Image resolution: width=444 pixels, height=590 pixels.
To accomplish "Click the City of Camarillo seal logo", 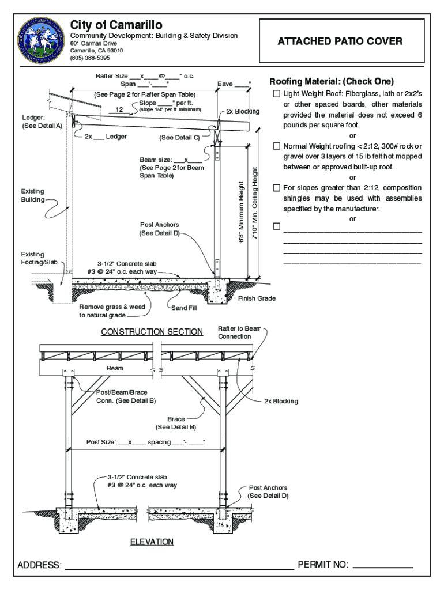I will tap(42, 40).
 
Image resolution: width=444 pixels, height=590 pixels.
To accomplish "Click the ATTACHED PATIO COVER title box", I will tap(340, 41).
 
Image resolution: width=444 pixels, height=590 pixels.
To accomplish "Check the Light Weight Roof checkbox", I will tap(277, 94).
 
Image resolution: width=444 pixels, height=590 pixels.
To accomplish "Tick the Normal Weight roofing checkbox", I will tap(277, 146).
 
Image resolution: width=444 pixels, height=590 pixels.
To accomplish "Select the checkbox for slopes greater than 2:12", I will tap(277, 188).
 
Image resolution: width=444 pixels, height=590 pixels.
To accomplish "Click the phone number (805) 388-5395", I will tap(90, 58).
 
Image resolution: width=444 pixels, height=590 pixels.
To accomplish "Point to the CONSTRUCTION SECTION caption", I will tap(152, 332).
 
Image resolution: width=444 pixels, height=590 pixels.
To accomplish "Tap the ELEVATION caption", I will tap(152, 542).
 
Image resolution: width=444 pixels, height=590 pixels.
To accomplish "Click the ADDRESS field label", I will tap(39, 565).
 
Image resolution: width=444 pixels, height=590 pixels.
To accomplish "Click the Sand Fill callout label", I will tap(184, 308).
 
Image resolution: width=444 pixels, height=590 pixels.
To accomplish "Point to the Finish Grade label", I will tap(257, 298).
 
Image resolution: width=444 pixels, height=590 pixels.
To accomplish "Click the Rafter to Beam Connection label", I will tap(235, 332).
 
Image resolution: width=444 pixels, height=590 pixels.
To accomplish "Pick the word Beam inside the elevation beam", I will tap(115, 368).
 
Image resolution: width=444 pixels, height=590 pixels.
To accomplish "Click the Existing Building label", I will tap(33, 195).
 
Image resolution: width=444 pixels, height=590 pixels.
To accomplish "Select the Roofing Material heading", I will tap(332, 81).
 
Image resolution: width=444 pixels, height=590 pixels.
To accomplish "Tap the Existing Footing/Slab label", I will tap(39, 258).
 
